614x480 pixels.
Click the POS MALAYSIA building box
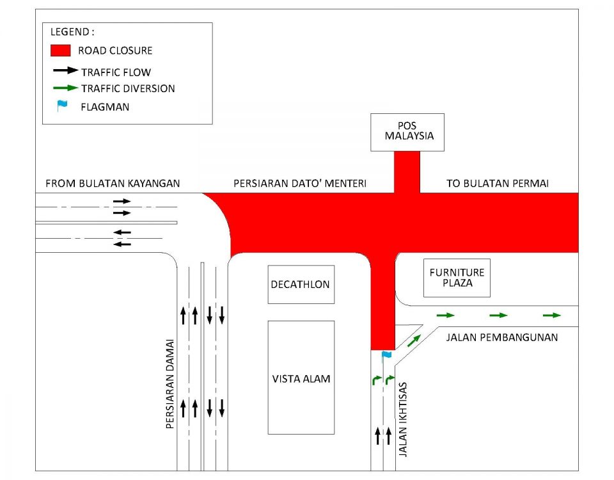(407, 132)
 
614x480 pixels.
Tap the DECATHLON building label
(301, 284)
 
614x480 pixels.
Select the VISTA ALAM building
(301, 378)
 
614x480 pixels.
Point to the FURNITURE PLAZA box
(457, 278)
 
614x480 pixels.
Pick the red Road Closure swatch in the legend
(60, 50)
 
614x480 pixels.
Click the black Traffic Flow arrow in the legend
(65, 70)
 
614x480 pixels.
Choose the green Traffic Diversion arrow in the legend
(65, 88)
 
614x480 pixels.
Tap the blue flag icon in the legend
(61, 106)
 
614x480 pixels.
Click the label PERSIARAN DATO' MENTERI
(299, 184)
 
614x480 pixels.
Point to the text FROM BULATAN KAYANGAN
(113, 184)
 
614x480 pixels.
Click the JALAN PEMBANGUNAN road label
(501, 337)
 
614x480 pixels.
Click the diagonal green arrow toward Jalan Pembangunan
(414, 340)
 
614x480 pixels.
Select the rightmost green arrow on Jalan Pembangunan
(551, 315)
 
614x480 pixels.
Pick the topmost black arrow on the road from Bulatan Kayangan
(122, 201)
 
